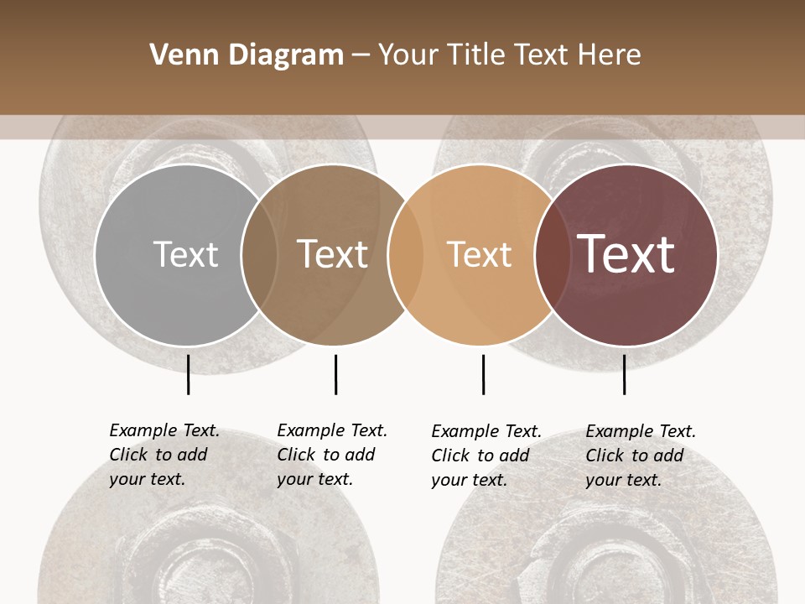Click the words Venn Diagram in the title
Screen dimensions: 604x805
pyautogui.click(x=247, y=55)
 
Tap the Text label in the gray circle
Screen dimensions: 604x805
pyautogui.click(x=185, y=254)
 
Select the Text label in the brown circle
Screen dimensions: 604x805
pyautogui.click(x=333, y=254)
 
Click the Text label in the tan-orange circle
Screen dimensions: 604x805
pyautogui.click(x=479, y=254)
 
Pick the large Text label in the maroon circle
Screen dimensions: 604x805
pyautogui.click(x=626, y=254)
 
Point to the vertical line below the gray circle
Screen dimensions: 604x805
pyautogui.click(x=188, y=374)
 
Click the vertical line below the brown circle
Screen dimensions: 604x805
pyautogui.click(x=335, y=374)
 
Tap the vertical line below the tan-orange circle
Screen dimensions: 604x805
pyautogui.click(x=483, y=374)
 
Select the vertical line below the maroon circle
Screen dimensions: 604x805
pyautogui.click(x=624, y=374)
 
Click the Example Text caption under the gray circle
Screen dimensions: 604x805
pyautogui.click(x=164, y=455)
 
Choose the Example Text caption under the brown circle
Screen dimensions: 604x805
pyautogui.click(x=332, y=455)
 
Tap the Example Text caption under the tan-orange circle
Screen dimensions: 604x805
pyautogui.click(x=486, y=456)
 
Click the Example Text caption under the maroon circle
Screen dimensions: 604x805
pyautogui.click(x=641, y=456)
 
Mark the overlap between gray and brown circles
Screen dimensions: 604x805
pyautogui.click(x=259, y=255)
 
